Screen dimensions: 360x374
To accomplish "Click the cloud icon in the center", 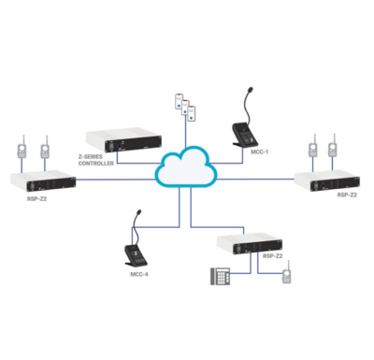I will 188,168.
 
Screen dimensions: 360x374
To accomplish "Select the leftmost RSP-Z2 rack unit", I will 42,180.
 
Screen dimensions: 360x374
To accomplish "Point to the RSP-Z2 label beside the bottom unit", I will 273,255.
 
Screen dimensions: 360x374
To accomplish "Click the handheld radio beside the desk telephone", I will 286,278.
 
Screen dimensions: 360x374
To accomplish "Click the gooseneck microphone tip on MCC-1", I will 250,90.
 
